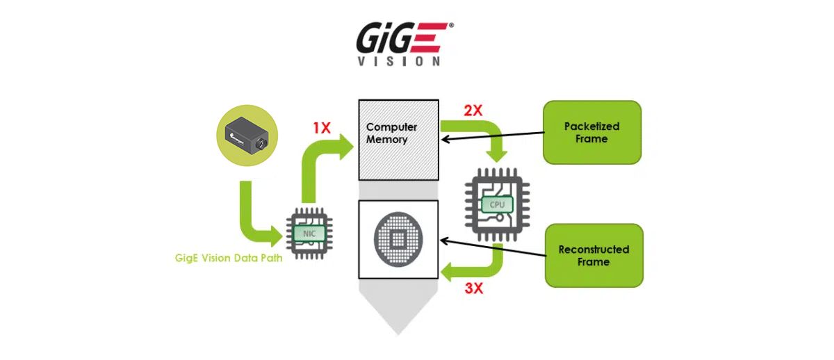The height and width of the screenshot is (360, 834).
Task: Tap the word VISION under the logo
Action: pos(398,60)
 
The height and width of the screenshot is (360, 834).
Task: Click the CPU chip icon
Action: pos(497,204)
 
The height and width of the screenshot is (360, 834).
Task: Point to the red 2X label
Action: pos(473,111)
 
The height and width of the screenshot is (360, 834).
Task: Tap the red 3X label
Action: pos(473,288)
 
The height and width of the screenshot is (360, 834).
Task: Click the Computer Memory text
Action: pos(392,133)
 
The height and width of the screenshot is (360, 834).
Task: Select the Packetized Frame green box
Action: pos(591,133)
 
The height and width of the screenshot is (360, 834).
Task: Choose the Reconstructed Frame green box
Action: pos(593,255)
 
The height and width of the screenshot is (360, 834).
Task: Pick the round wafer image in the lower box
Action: pos(398,240)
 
